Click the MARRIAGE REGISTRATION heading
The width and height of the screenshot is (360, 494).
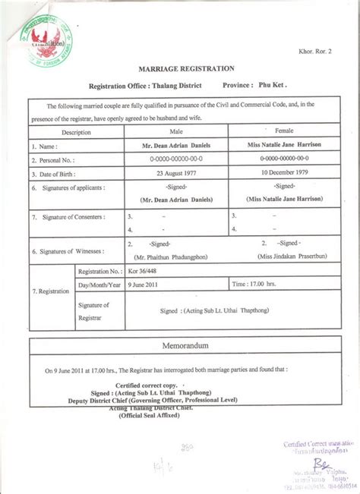(x=179, y=68)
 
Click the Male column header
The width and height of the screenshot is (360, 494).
(x=178, y=131)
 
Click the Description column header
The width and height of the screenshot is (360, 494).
(x=75, y=132)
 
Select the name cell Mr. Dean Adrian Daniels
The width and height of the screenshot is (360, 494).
(x=178, y=145)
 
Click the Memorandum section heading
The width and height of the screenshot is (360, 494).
(x=180, y=345)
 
